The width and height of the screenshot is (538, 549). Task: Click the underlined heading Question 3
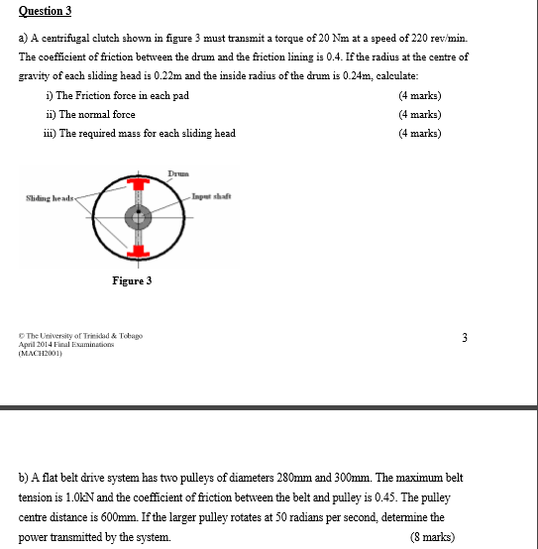45,11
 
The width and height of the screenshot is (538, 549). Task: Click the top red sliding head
139,183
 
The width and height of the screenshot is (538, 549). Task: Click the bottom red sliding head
139,252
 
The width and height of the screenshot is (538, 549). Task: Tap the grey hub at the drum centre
139,217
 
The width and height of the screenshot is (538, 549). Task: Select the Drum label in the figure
178,173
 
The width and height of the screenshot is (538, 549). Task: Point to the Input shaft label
211,196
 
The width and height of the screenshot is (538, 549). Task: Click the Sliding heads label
50,198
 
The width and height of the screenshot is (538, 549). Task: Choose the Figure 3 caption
132,280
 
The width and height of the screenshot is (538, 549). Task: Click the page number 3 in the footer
465,338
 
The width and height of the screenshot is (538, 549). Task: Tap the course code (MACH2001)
41,353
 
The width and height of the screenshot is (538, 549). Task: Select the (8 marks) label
432,537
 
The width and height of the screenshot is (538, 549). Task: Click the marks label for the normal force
420,114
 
